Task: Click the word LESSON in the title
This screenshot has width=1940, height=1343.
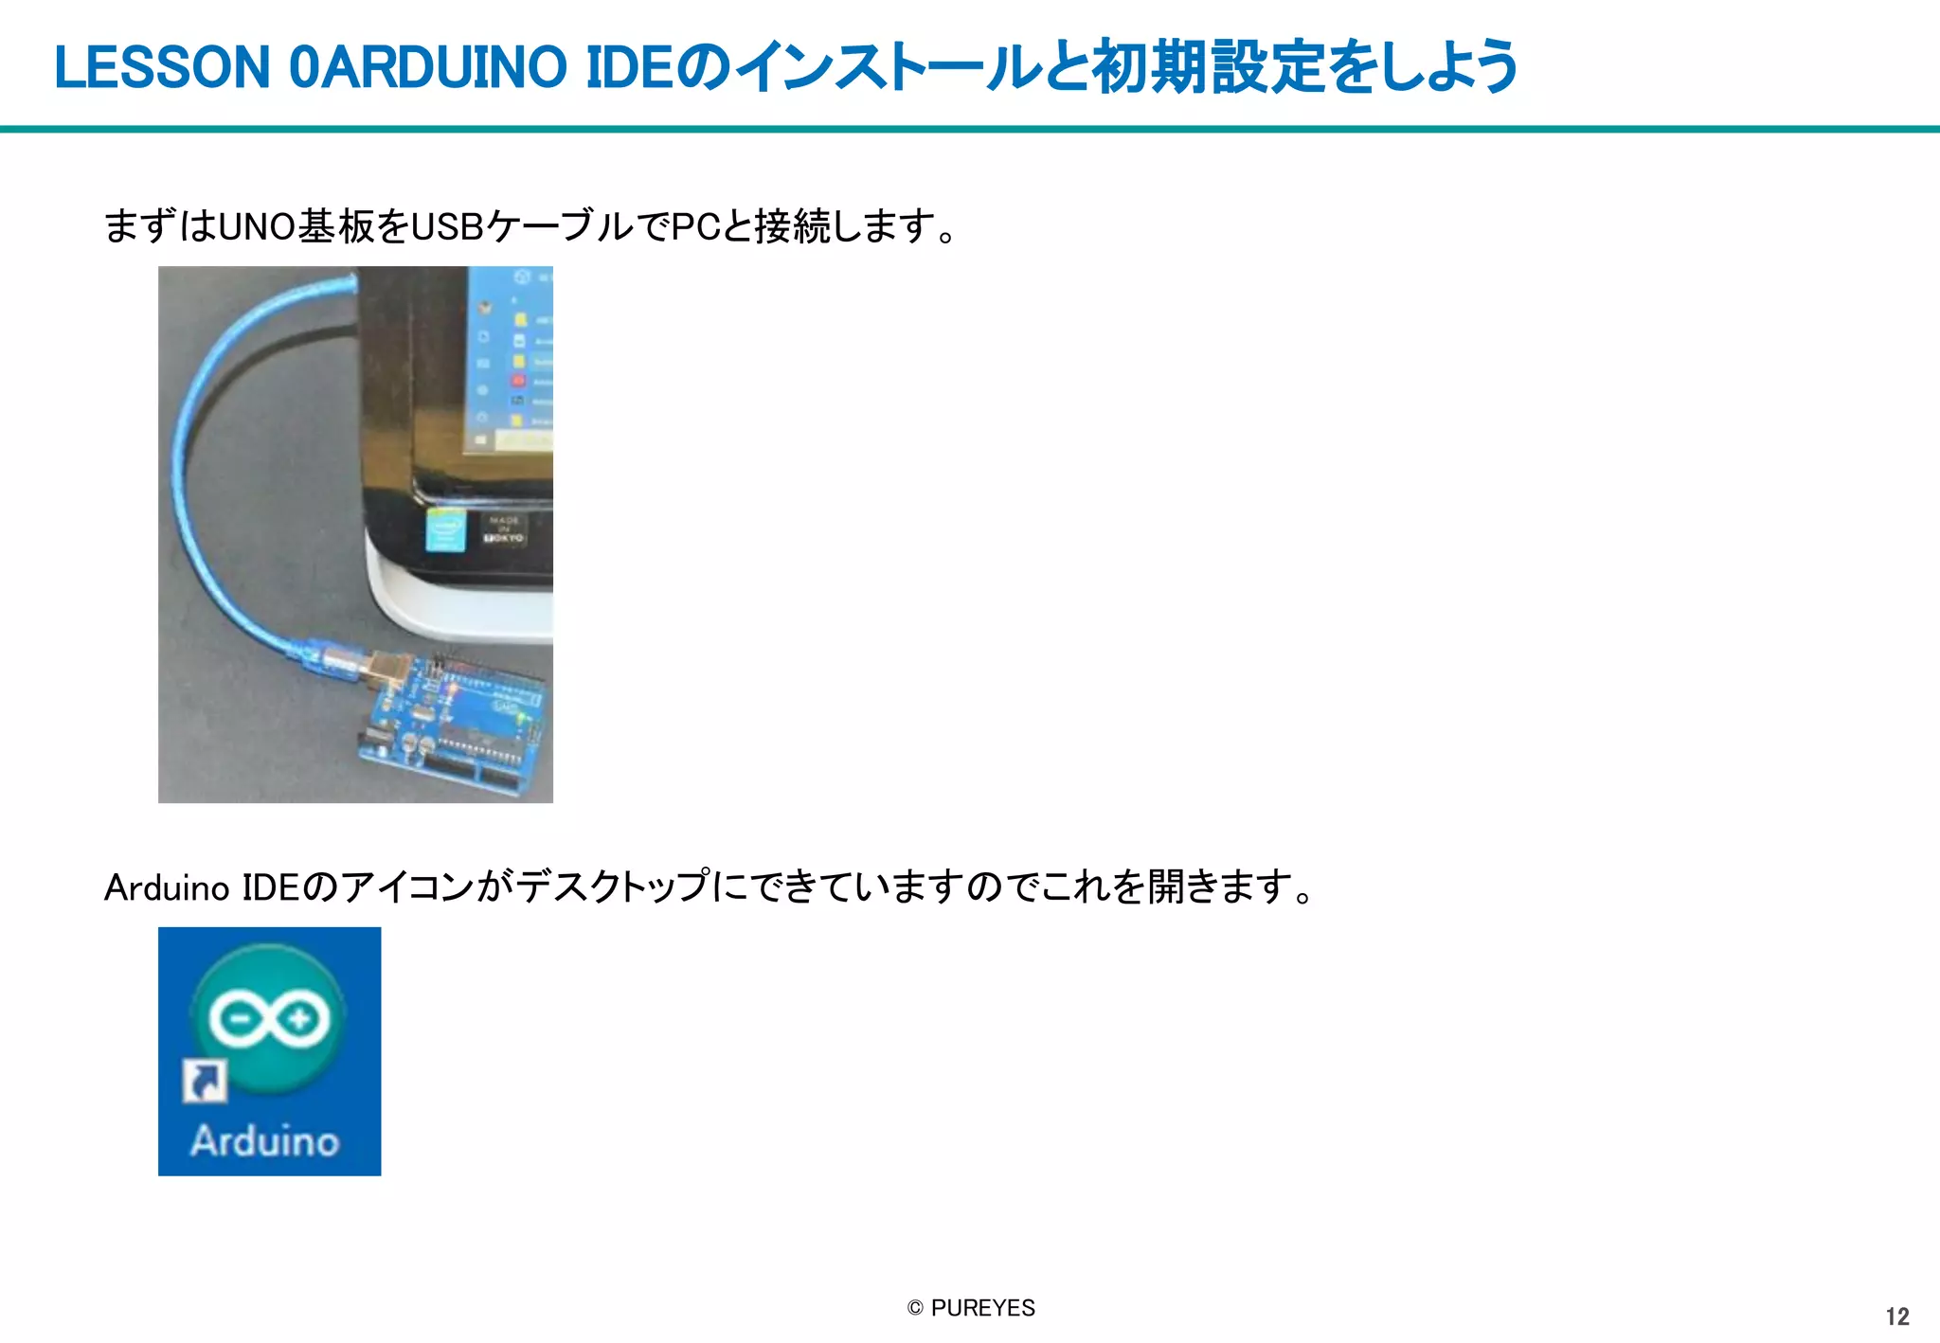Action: (162, 68)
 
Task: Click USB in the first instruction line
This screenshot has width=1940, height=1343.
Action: (447, 227)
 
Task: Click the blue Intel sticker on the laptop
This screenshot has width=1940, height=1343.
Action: (444, 530)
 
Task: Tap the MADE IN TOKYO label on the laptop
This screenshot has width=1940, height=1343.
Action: (504, 529)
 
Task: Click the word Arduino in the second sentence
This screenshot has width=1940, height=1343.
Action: (167, 888)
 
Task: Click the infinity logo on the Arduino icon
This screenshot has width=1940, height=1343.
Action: (269, 1019)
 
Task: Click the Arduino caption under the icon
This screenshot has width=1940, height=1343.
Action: (265, 1140)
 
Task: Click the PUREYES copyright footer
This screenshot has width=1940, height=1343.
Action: (971, 1308)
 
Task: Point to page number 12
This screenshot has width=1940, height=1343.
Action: (1897, 1316)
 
